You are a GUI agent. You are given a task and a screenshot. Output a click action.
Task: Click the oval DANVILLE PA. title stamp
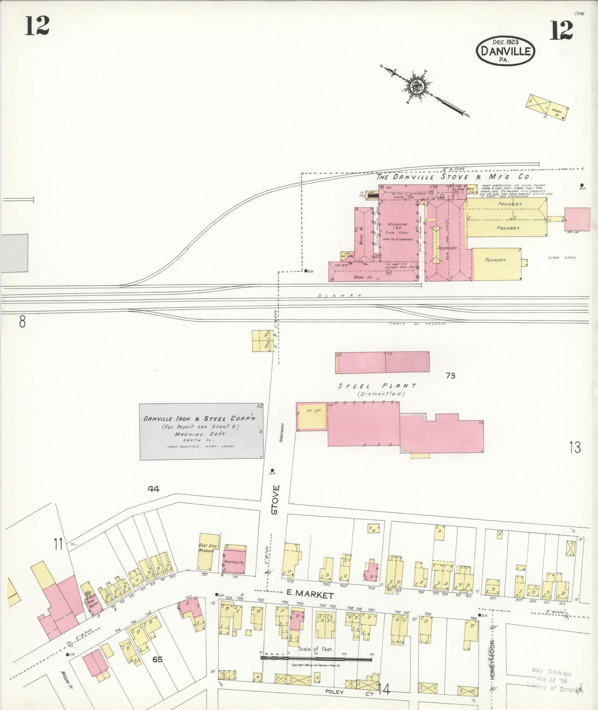pyautogui.click(x=505, y=51)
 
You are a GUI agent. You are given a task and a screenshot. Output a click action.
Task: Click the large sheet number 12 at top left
pyautogui.click(x=37, y=26)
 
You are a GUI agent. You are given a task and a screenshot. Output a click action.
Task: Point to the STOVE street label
pyautogui.click(x=275, y=500)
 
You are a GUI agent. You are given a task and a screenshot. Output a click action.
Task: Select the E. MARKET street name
pyautogui.click(x=310, y=595)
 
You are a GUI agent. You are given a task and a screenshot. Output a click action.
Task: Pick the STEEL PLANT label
pyautogui.click(x=377, y=386)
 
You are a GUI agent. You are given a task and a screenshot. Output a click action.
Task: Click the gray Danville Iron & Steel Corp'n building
pyautogui.click(x=201, y=432)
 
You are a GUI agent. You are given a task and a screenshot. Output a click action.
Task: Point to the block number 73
pyautogui.click(x=450, y=376)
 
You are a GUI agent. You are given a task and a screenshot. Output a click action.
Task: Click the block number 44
pyautogui.click(x=154, y=489)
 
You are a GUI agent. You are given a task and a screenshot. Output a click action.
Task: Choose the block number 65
pyautogui.click(x=157, y=659)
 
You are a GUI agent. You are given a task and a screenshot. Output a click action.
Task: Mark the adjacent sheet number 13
pyautogui.click(x=575, y=447)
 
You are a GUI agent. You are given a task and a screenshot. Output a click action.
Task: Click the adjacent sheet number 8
pyautogui.click(x=22, y=321)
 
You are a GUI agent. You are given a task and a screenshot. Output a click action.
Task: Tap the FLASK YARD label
pyautogui.click(x=562, y=258)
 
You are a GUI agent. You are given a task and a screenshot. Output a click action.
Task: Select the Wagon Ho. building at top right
pyautogui.click(x=547, y=108)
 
